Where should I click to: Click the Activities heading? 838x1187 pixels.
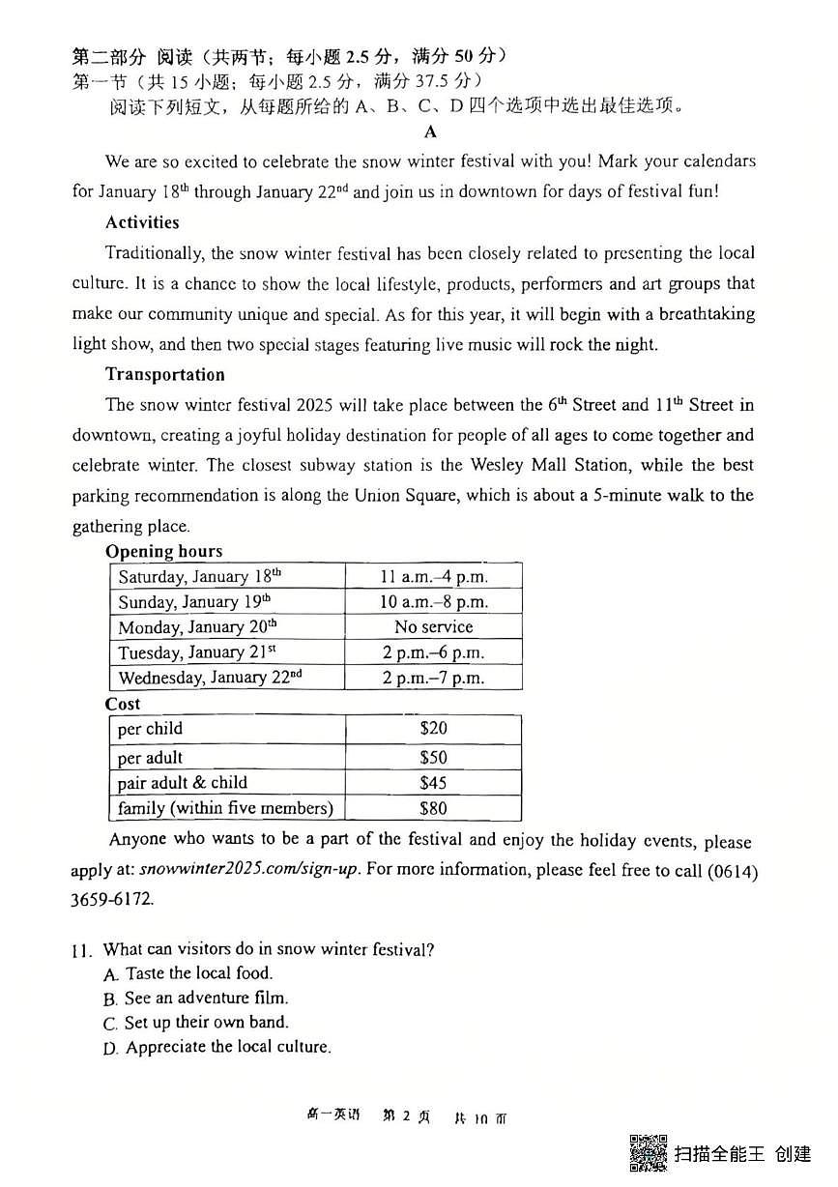[142, 222]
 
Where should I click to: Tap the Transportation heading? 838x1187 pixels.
[164, 374]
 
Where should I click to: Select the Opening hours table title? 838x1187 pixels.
[163, 551]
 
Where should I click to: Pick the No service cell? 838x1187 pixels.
[433, 627]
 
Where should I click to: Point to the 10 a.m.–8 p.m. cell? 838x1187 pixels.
[433, 602]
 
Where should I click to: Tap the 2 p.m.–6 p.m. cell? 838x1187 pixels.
[433, 652]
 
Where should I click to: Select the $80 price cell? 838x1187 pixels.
[433, 808]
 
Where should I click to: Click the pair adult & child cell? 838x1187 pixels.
[183, 783]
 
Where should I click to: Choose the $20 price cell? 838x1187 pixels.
[433, 729]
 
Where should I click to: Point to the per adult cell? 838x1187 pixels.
[150, 758]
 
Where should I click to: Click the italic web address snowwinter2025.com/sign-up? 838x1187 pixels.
[249, 870]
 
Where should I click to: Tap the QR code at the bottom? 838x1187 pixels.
[649, 1152]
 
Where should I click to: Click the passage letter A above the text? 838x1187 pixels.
[431, 131]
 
